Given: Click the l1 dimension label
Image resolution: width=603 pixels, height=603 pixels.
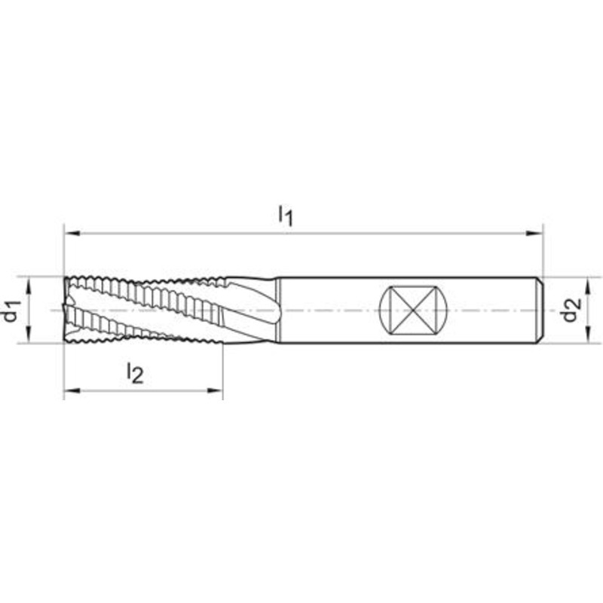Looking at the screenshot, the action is (x=286, y=216).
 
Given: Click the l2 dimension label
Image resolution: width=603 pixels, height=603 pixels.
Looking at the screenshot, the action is (x=136, y=373).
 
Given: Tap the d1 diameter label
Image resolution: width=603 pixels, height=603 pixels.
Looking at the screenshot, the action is (x=11, y=311).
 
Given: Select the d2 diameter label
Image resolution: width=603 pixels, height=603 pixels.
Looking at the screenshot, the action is (x=571, y=311).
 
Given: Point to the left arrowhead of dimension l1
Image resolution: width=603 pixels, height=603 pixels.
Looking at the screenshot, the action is (x=72, y=233).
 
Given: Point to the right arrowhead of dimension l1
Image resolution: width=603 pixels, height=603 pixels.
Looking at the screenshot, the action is (x=534, y=233).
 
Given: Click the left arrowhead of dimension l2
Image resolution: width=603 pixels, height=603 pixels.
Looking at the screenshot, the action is (x=72, y=390).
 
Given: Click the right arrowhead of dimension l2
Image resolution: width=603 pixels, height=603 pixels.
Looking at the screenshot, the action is (x=215, y=390).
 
